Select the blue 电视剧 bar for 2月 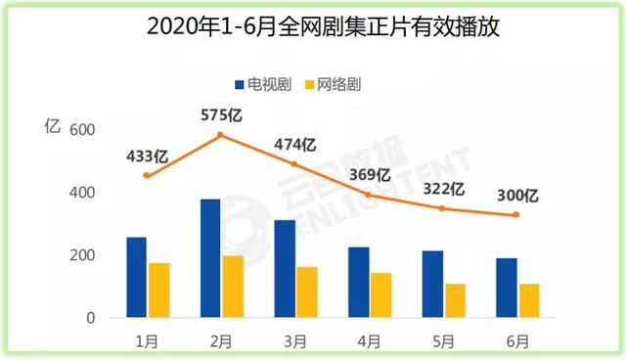[210, 258]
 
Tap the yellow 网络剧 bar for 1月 [159, 291]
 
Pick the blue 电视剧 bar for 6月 [506, 288]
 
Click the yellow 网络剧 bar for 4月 [380, 295]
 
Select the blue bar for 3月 [285, 269]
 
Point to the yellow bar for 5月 [455, 301]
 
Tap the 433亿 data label [147, 155]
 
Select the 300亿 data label [518, 195]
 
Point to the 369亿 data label [370, 174]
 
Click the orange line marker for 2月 [220, 135]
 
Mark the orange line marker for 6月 [518, 215]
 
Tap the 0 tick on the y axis [89, 318]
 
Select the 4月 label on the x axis [370, 340]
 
